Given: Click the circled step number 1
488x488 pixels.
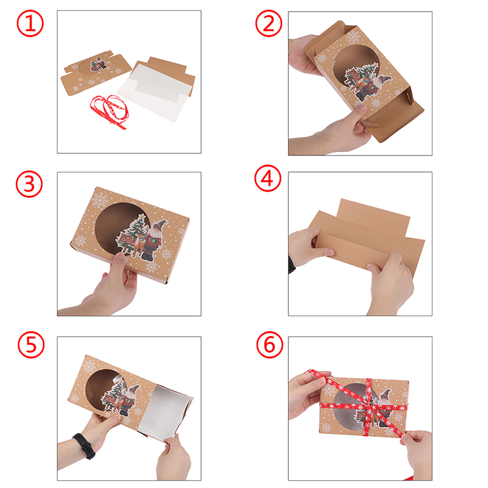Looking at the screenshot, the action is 30,23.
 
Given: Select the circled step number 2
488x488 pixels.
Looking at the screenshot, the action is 268,23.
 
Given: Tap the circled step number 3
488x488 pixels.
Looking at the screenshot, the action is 29,184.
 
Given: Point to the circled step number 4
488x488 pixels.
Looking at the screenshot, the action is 268,178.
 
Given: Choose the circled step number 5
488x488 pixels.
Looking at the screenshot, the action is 31,345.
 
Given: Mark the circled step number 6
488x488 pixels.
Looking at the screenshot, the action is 270,345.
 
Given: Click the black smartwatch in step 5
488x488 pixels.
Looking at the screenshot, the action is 84,446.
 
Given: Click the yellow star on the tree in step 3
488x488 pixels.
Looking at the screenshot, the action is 142,215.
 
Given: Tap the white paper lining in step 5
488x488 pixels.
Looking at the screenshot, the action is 164,411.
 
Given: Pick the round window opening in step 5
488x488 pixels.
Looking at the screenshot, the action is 102,389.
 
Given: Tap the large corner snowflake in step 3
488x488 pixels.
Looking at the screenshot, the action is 99,200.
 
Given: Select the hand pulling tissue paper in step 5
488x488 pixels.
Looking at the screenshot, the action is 173,457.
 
